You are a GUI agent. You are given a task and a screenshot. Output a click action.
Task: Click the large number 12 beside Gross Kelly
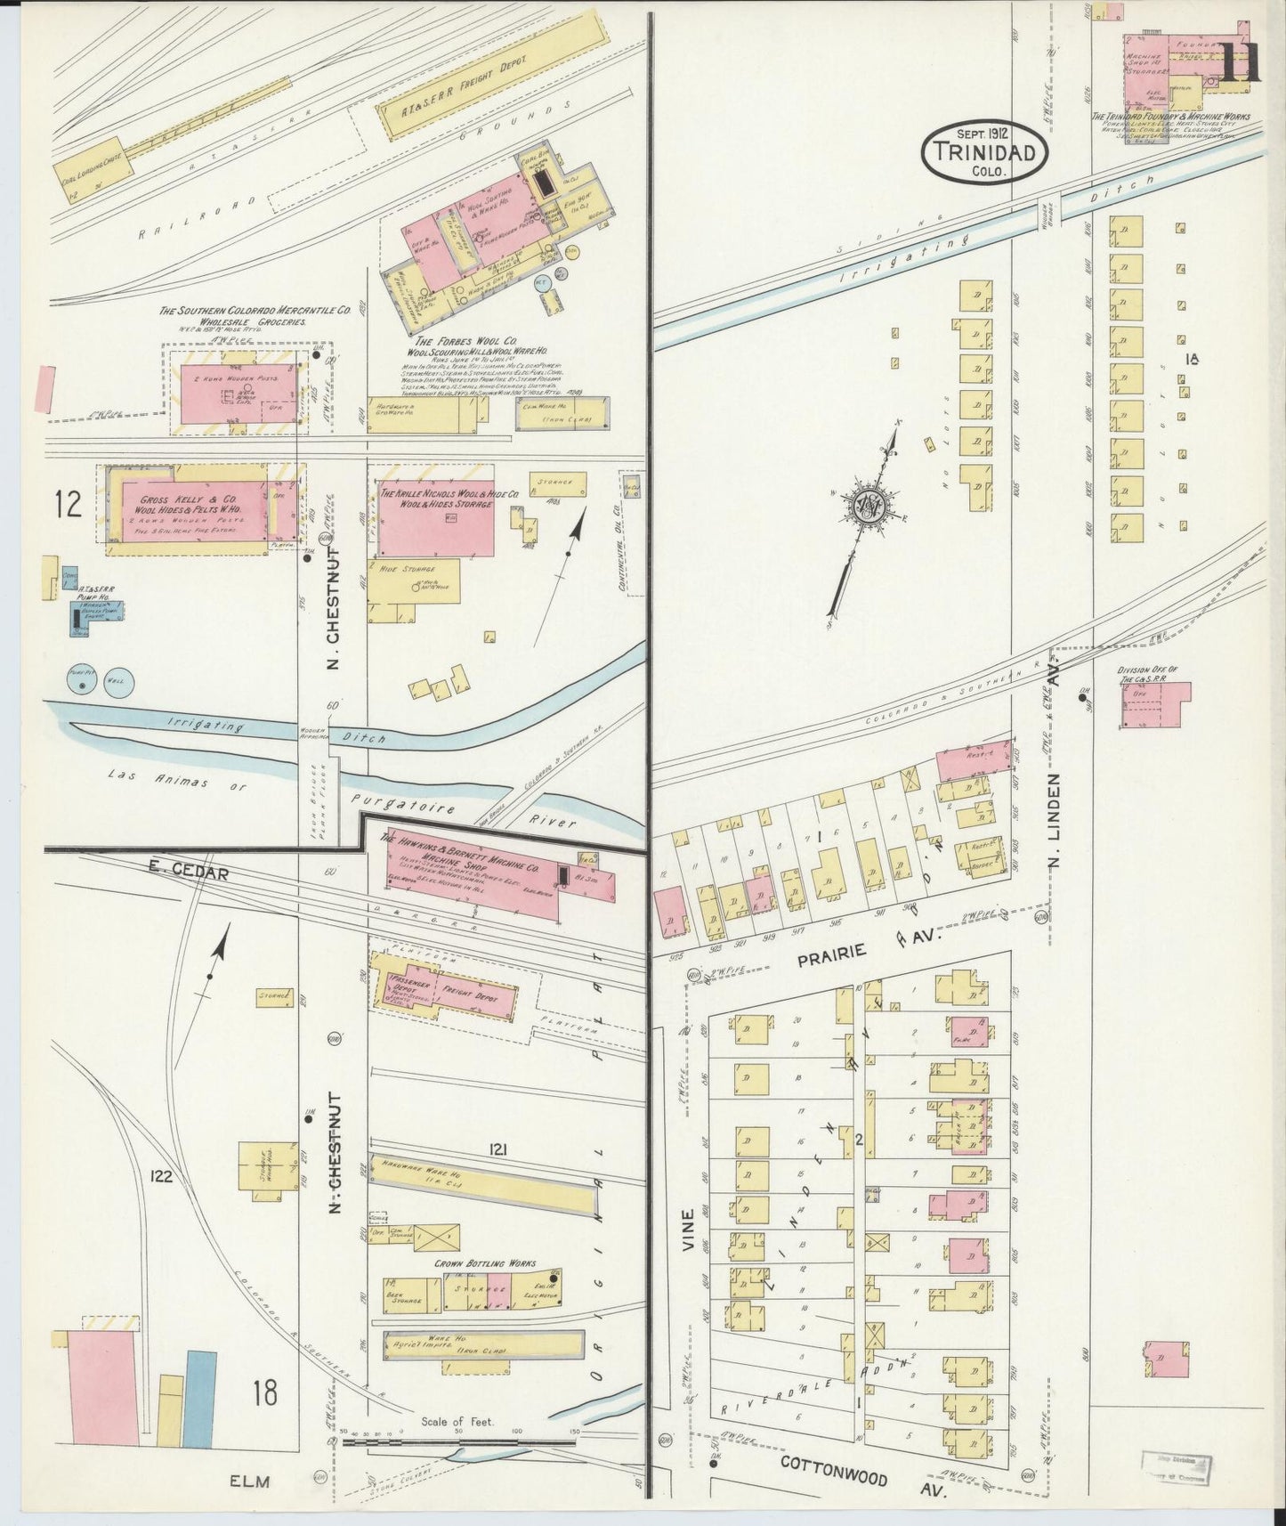coord(68,504)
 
